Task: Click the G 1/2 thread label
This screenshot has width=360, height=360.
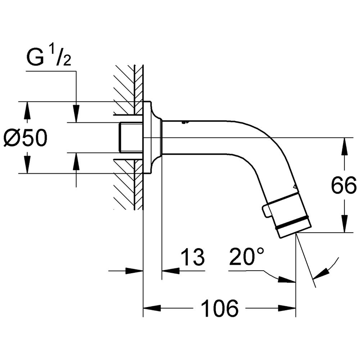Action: tap(49, 57)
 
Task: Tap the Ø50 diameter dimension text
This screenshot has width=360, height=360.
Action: tap(26, 138)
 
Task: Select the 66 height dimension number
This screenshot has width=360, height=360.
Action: tap(344, 185)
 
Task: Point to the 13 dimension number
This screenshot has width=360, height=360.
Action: tap(193, 257)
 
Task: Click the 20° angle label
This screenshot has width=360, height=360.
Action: tap(247, 256)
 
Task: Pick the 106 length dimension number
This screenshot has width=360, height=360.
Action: tap(220, 308)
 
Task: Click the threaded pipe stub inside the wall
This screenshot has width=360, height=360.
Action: tap(131, 138)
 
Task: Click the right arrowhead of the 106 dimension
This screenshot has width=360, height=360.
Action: tap(287, 308)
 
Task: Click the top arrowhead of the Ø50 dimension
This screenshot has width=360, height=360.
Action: tap(27, 110)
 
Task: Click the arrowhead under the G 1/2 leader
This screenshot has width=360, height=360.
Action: tap(76, 114)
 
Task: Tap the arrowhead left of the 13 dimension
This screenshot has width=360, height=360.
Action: tap(135, 271)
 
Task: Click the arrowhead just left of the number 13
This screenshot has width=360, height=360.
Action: tap(171, 271)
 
